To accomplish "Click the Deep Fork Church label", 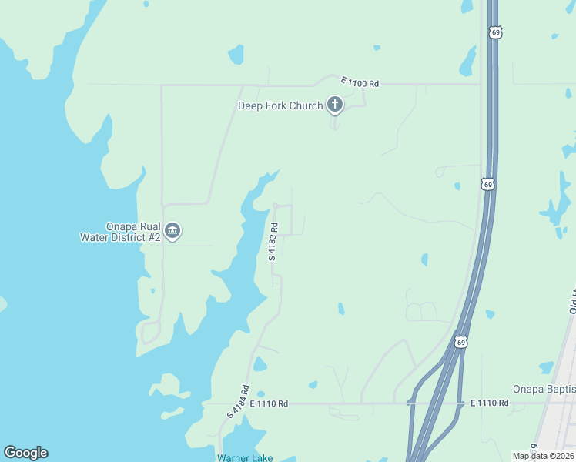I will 280,105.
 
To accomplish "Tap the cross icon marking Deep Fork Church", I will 335,104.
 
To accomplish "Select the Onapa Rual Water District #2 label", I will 120,232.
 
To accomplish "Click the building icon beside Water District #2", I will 173,231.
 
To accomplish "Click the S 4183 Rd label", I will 273,241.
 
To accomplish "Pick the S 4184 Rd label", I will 238,401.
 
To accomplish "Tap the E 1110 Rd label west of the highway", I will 269,403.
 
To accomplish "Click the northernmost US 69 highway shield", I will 495,32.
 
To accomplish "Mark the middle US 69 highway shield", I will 487,184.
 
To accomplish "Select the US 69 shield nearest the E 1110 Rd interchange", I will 460,341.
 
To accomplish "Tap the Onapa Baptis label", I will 544,390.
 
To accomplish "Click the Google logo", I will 25,453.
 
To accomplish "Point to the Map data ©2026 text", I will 543,456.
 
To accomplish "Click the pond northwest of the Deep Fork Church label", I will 236,55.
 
